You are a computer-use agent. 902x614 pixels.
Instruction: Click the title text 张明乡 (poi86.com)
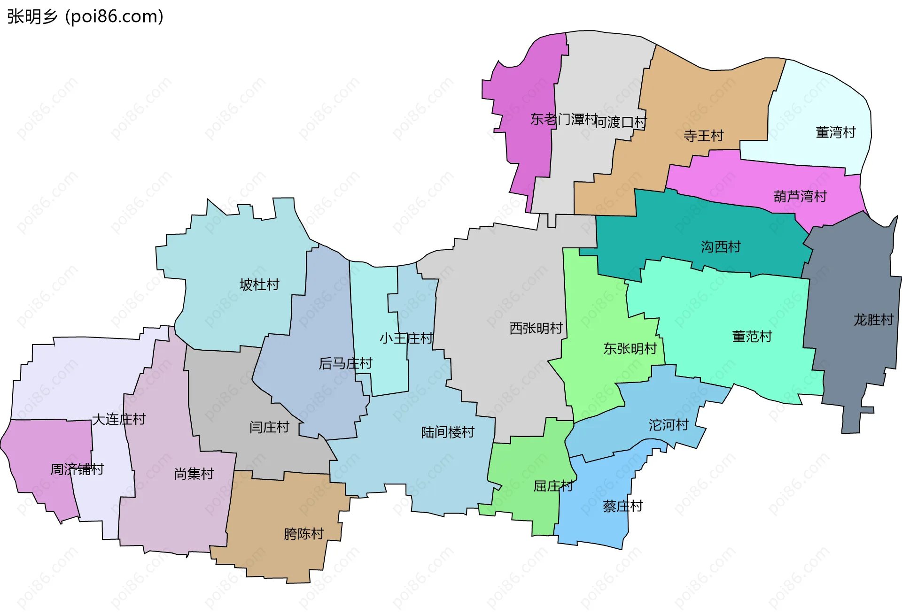tap(85, 16)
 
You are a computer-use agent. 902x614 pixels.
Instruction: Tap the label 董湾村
tap(835, 132)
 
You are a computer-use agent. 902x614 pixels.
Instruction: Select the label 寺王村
tap(703, 136)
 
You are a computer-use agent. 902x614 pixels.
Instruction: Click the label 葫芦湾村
tap(800, 196)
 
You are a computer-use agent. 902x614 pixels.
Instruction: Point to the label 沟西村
tap(720, 247)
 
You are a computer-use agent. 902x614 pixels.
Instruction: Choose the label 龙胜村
tap(873, 320)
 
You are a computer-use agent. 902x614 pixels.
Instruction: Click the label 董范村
tap(752, 337)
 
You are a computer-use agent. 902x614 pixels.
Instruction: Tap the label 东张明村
tap(630, 349)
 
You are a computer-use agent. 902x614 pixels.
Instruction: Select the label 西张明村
tap(536, 329)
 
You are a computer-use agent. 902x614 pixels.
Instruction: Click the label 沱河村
tap(668, 425)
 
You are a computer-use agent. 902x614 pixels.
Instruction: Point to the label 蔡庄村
tap(622, 506)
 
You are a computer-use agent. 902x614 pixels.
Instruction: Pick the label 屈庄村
tap(553, 486)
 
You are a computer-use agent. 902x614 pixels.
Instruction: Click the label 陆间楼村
tap(447, 432)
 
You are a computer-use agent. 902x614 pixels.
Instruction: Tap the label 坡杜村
tap(259, 285)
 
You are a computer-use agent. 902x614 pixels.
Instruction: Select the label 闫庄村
tap(269, 427)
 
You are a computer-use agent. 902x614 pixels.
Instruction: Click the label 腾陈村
tap(303, 534)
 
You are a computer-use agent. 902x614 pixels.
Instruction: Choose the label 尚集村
tap(194, 474)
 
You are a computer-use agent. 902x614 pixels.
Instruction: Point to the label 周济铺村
tap(77, 469)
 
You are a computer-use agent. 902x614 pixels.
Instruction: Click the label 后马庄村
tap(345, 363)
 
